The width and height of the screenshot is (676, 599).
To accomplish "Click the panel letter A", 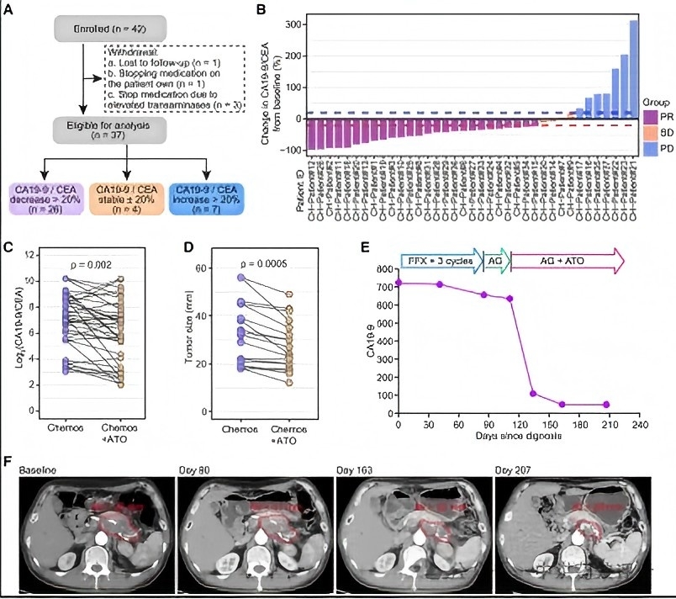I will point(9,10).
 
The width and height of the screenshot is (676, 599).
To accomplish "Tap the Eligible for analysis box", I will point(81,125).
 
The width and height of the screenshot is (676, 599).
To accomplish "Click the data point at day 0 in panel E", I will point(399,283).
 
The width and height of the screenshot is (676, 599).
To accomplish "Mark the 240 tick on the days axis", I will point(639,424).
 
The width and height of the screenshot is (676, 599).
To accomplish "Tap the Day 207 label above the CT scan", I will point(513,467).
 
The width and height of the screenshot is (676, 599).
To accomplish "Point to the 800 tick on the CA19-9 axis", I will point(383,269).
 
